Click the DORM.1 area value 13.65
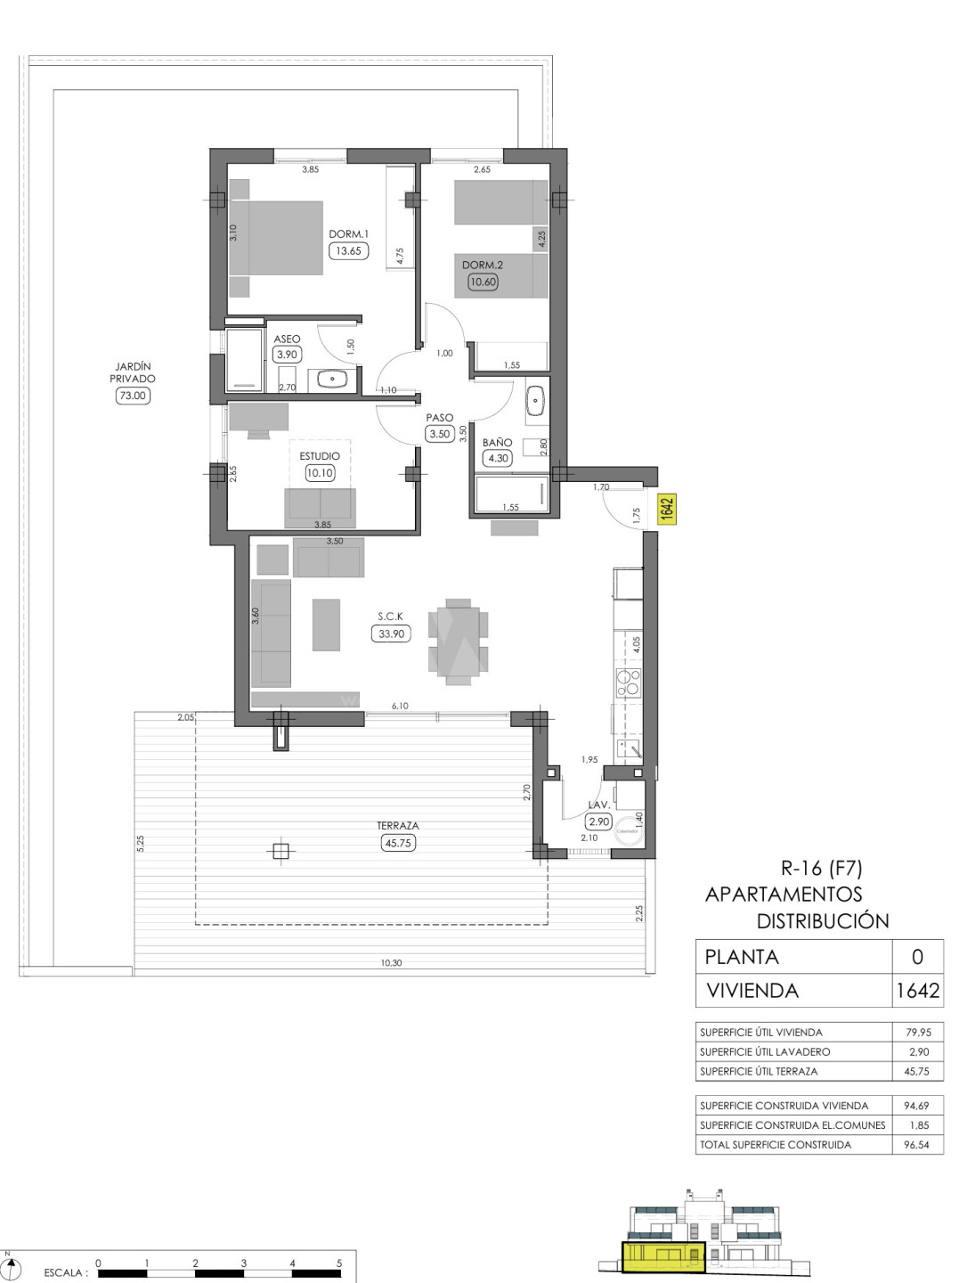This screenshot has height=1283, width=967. pos(348,250)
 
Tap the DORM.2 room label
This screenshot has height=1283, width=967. pos(483,265)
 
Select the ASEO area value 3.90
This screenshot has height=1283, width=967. pos(287,355)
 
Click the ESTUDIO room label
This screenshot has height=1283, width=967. pos(320,456)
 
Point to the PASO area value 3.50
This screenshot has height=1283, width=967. pos(439,434)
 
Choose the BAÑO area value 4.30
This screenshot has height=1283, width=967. pos(498,458)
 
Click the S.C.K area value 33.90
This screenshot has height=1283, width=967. pos(391,633)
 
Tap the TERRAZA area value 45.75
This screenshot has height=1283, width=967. pos(398,843)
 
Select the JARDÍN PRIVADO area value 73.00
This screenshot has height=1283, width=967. pos(133,396)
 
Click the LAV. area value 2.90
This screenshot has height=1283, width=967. pos(599,821)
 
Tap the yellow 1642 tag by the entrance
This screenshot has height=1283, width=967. pos(667,509)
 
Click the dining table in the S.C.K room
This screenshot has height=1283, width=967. pos(459,641)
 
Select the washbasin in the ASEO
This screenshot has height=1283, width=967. pos(332,380)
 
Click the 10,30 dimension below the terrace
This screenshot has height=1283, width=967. pos(391,962)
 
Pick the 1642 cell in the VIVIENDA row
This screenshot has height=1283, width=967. pos(917,990)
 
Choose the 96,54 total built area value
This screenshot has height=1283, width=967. pos(917,1145)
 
